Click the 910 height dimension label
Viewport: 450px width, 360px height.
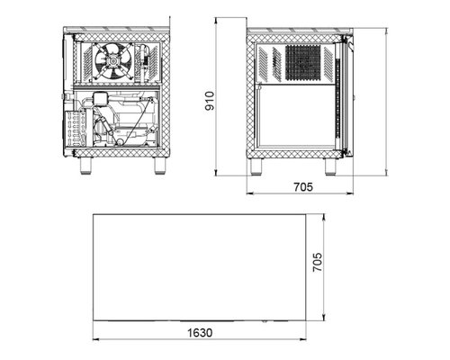210,101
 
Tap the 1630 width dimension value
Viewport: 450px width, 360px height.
200,333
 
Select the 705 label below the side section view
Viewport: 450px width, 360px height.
303,187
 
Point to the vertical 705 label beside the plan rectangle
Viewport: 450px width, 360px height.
318,262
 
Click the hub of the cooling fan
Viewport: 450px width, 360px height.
113,61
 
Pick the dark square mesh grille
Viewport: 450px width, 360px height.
303,63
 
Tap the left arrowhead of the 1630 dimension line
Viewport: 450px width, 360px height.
96,339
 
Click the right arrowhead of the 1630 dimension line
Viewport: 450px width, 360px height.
303,339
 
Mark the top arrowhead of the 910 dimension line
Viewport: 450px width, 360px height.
216,21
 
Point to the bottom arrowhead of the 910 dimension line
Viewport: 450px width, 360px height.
216,173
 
